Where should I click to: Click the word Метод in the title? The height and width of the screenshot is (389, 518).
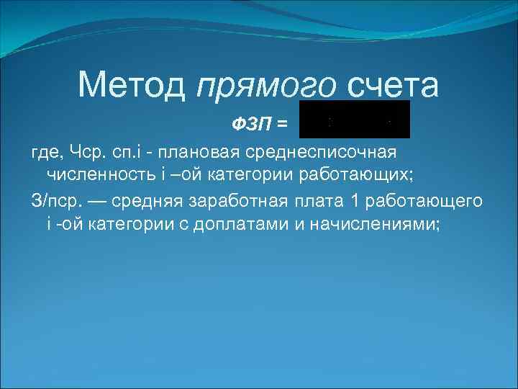pos(133,85)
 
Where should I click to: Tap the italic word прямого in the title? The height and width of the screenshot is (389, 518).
pos(266,86)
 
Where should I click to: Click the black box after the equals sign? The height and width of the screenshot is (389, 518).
pos(355,120)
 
